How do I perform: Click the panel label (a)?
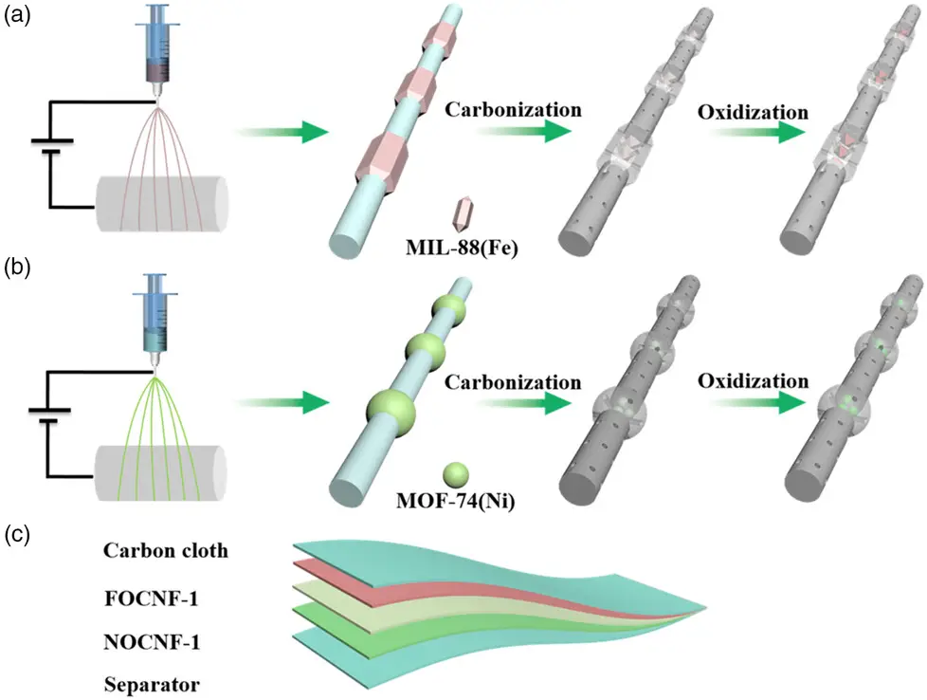pos(19,16)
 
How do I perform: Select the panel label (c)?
pos(19,533)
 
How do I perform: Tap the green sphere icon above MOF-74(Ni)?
pos(457,474)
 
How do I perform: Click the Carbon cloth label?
pos(167,551)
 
